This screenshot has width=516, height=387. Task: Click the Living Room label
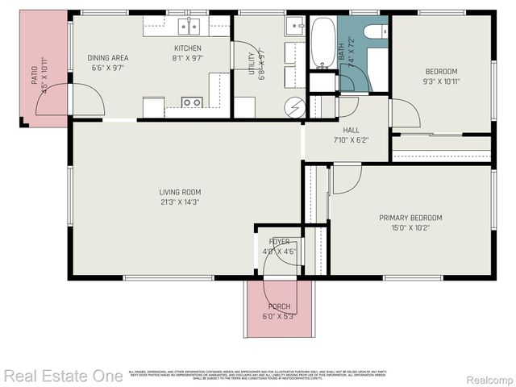coord(180,192)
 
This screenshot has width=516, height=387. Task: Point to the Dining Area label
coord(107,58)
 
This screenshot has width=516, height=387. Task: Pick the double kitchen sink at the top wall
coord(189,27)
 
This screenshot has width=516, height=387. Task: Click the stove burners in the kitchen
coord(192,102)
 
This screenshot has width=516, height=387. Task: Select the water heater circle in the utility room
coord(297,106)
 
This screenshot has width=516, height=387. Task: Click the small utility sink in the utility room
coord(292,25)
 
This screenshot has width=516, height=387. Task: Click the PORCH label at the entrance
coord(280,306)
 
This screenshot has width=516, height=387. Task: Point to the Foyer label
coord(280,241)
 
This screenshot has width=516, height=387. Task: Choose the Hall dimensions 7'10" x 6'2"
coord(351,140)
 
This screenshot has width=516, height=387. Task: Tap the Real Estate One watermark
coord(63,376)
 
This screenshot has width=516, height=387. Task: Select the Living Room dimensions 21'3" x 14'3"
coord(180,202)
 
